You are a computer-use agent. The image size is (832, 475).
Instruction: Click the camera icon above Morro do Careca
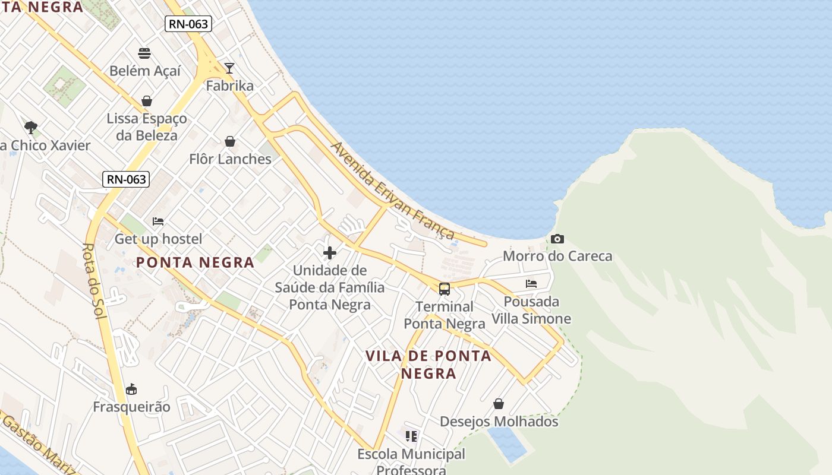point(557,239)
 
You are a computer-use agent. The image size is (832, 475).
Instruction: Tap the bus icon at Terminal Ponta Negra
point(445,289)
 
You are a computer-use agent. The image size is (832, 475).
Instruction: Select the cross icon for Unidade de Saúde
point(330,253)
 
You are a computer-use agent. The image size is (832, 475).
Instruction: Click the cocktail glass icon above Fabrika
point(229,68)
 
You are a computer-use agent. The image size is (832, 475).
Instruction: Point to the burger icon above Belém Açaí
point(144,53)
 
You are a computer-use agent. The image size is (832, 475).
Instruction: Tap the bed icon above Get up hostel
point(158,221)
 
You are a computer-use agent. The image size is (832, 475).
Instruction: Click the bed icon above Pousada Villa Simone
point(531,284)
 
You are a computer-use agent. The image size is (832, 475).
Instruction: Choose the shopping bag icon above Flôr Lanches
point(230,141)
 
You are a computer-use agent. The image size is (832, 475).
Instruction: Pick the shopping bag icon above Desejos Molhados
point(499,404)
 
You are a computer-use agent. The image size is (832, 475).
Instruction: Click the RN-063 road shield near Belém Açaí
point(188,24)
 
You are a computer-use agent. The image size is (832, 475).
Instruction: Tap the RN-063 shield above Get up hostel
point(126,179)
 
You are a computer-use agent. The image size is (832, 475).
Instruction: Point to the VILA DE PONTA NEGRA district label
point(428,364)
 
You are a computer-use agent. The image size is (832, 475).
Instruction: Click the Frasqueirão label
point(131,407)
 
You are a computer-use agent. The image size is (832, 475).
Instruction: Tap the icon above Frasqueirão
point(131,389)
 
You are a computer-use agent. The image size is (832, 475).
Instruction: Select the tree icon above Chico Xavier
point(31,127)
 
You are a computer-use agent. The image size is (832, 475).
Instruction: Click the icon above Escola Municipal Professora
point(411,436)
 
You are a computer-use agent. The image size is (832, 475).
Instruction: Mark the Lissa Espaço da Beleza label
point(147,126)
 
